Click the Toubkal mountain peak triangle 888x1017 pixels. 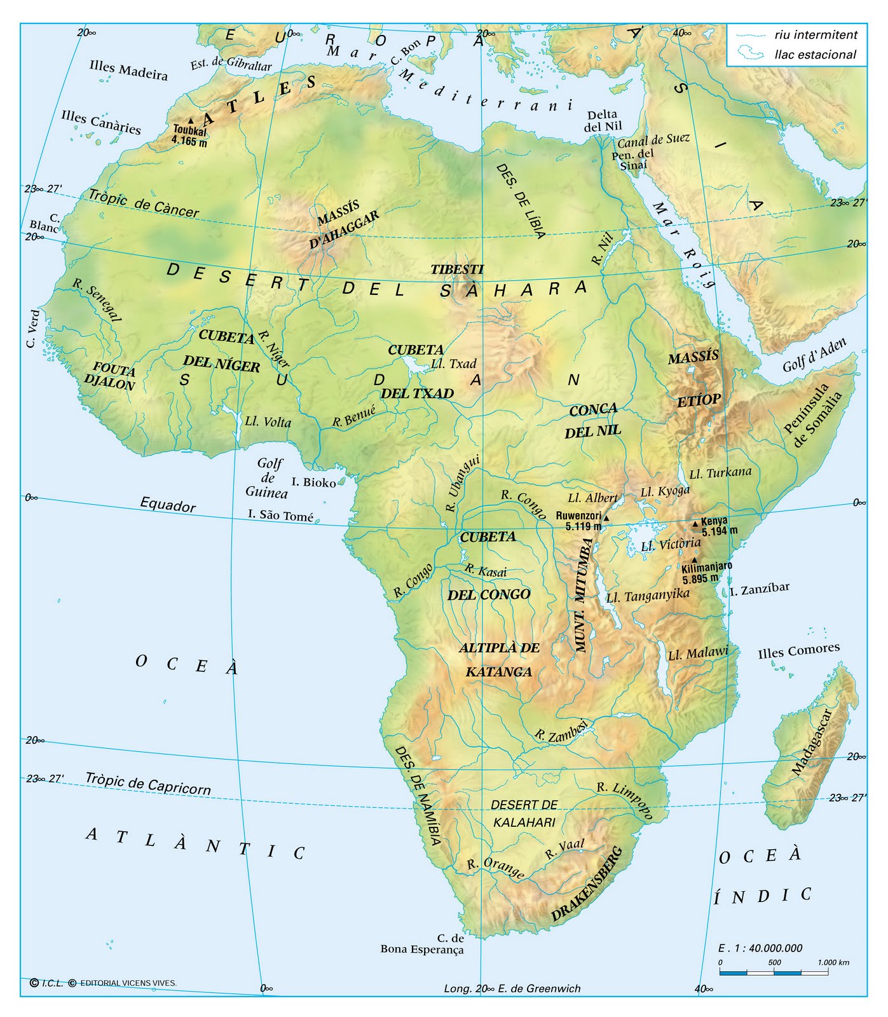(x=191, y=120)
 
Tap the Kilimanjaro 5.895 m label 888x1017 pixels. (x=706, y=572)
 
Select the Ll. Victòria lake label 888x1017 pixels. (x=670, y=544)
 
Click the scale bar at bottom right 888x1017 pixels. (x=774, y=973)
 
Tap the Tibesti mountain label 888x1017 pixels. (x=457, y=270)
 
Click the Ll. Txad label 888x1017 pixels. (x=453, y=364)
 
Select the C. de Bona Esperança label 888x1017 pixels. (x=422, y=944)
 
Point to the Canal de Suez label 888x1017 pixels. (x=653, y=139)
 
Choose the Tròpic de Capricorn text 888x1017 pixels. (x=147, y=783)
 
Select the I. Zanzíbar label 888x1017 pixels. (x=760, y=588)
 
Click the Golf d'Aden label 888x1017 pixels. (x=814, y=356)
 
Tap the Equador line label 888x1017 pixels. (x=168, y=505)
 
